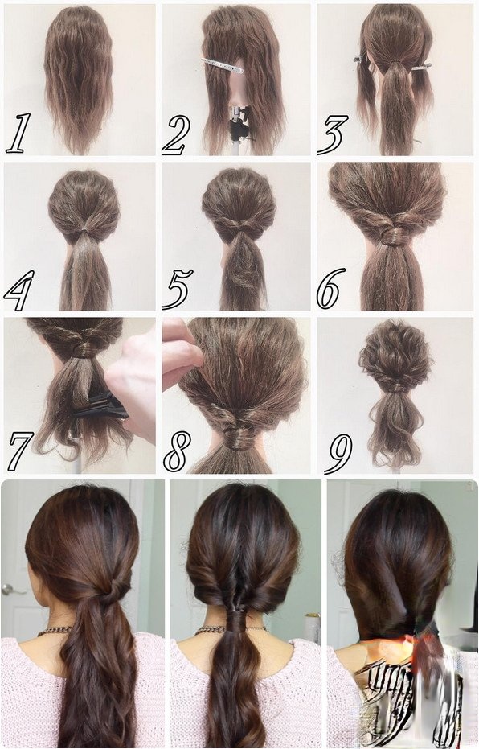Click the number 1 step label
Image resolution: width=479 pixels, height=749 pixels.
pyautogui.click(x=18, y=133)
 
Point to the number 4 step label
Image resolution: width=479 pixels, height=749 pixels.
pyautogui.click(x=19, y=290)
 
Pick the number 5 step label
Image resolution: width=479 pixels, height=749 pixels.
pyautogui.click(x=178, y=289)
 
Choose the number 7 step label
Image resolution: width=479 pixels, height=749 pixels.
pyautogui.click(x=21, y=451)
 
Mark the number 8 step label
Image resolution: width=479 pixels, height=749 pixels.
pyautogui.click(x=177, y=451)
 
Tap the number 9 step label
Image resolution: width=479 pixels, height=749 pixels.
pyautogui.click(x=338, y=454)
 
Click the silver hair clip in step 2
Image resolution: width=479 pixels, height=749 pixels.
pyautogui.click(x=222, y=65)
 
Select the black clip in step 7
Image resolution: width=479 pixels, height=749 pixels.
pyautogui.click(x=101, y=407)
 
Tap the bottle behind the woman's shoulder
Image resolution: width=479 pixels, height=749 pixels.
pyautogui.click(x=312, y=628)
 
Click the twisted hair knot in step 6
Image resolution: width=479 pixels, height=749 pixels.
pyautogui.click(x=393, y=236)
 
